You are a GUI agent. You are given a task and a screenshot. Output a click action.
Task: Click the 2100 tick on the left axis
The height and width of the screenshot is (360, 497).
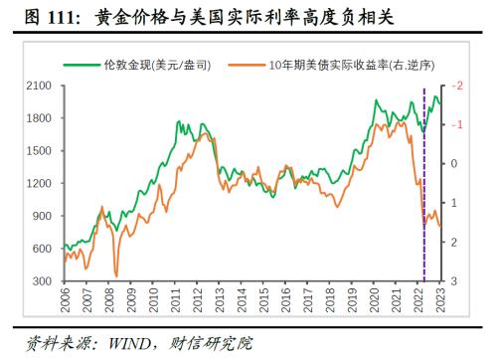click(39, 87)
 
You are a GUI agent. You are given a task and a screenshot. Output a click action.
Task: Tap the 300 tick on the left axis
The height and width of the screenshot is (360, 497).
click(43, 281)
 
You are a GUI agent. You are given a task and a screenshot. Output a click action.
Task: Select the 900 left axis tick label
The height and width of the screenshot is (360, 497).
click(43, 216)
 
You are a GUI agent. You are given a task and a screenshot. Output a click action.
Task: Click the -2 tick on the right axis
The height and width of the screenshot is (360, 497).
click(458, 87)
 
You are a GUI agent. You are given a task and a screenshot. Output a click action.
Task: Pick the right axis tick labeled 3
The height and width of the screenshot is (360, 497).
click(455, 281)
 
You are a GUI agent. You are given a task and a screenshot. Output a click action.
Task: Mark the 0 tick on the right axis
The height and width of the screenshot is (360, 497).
click(455, 164)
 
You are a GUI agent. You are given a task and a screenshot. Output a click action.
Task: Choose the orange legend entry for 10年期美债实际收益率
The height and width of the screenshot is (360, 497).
click(329, 65)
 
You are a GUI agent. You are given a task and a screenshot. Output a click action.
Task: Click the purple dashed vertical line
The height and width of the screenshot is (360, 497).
click(424, 179)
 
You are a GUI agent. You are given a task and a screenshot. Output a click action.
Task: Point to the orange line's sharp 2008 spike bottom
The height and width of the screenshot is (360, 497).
click(116, 275)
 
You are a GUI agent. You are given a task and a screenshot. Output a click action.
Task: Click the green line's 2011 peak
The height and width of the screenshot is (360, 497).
click(179, 122)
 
